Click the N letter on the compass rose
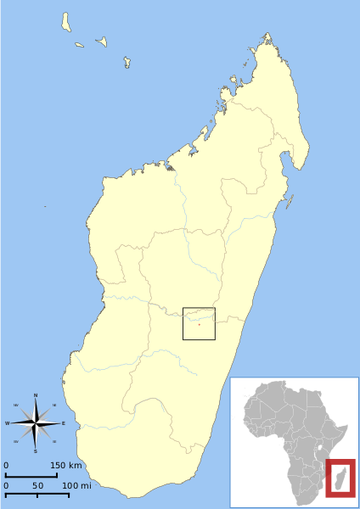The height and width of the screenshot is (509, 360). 36,395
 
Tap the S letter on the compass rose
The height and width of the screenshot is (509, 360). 36,451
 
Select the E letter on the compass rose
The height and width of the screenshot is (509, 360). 63,423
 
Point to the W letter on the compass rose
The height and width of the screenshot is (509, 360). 8,423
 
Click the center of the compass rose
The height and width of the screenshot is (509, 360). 36,423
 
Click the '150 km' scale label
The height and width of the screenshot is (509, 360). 65,466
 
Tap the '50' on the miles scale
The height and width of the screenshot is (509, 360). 37,485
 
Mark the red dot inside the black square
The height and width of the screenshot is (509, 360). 199,323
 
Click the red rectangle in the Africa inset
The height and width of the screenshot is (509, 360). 340,478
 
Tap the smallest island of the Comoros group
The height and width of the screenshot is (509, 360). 79,45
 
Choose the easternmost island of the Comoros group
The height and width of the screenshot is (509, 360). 127,61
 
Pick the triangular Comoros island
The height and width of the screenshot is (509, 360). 101,41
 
